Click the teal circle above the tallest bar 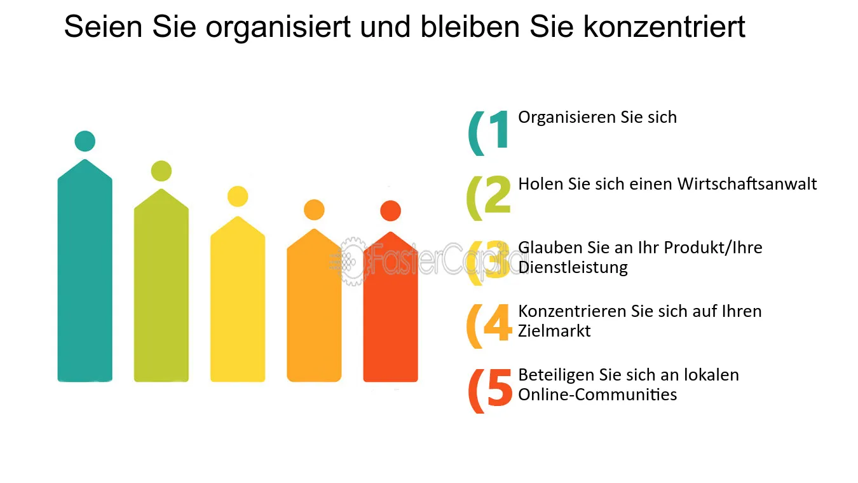(85, 141)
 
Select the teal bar (85, 270)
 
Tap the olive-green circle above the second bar (161, 171)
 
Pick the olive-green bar (161, 285)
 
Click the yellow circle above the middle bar (238, 196)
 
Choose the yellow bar (238, 299)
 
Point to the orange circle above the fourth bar (314, 210)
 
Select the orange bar (314, 305)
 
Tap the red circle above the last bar (390, 211)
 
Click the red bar (390, 307)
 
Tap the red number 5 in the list (500, 387)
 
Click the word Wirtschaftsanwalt (747, 184)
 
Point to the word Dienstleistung (573, 267)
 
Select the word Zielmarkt (554, 331)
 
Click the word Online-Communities (597, 395)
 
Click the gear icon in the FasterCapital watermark (352, 262)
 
